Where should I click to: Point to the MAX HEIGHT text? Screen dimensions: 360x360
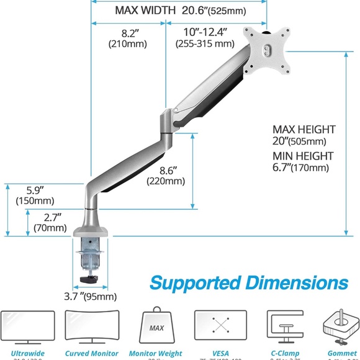point(304,129)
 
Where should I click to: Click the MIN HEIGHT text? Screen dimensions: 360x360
point(303,156)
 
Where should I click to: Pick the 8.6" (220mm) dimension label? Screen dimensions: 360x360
point(166,175)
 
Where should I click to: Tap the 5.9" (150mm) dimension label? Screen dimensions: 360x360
point(34,196)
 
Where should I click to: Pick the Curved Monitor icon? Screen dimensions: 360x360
point(92,328)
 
